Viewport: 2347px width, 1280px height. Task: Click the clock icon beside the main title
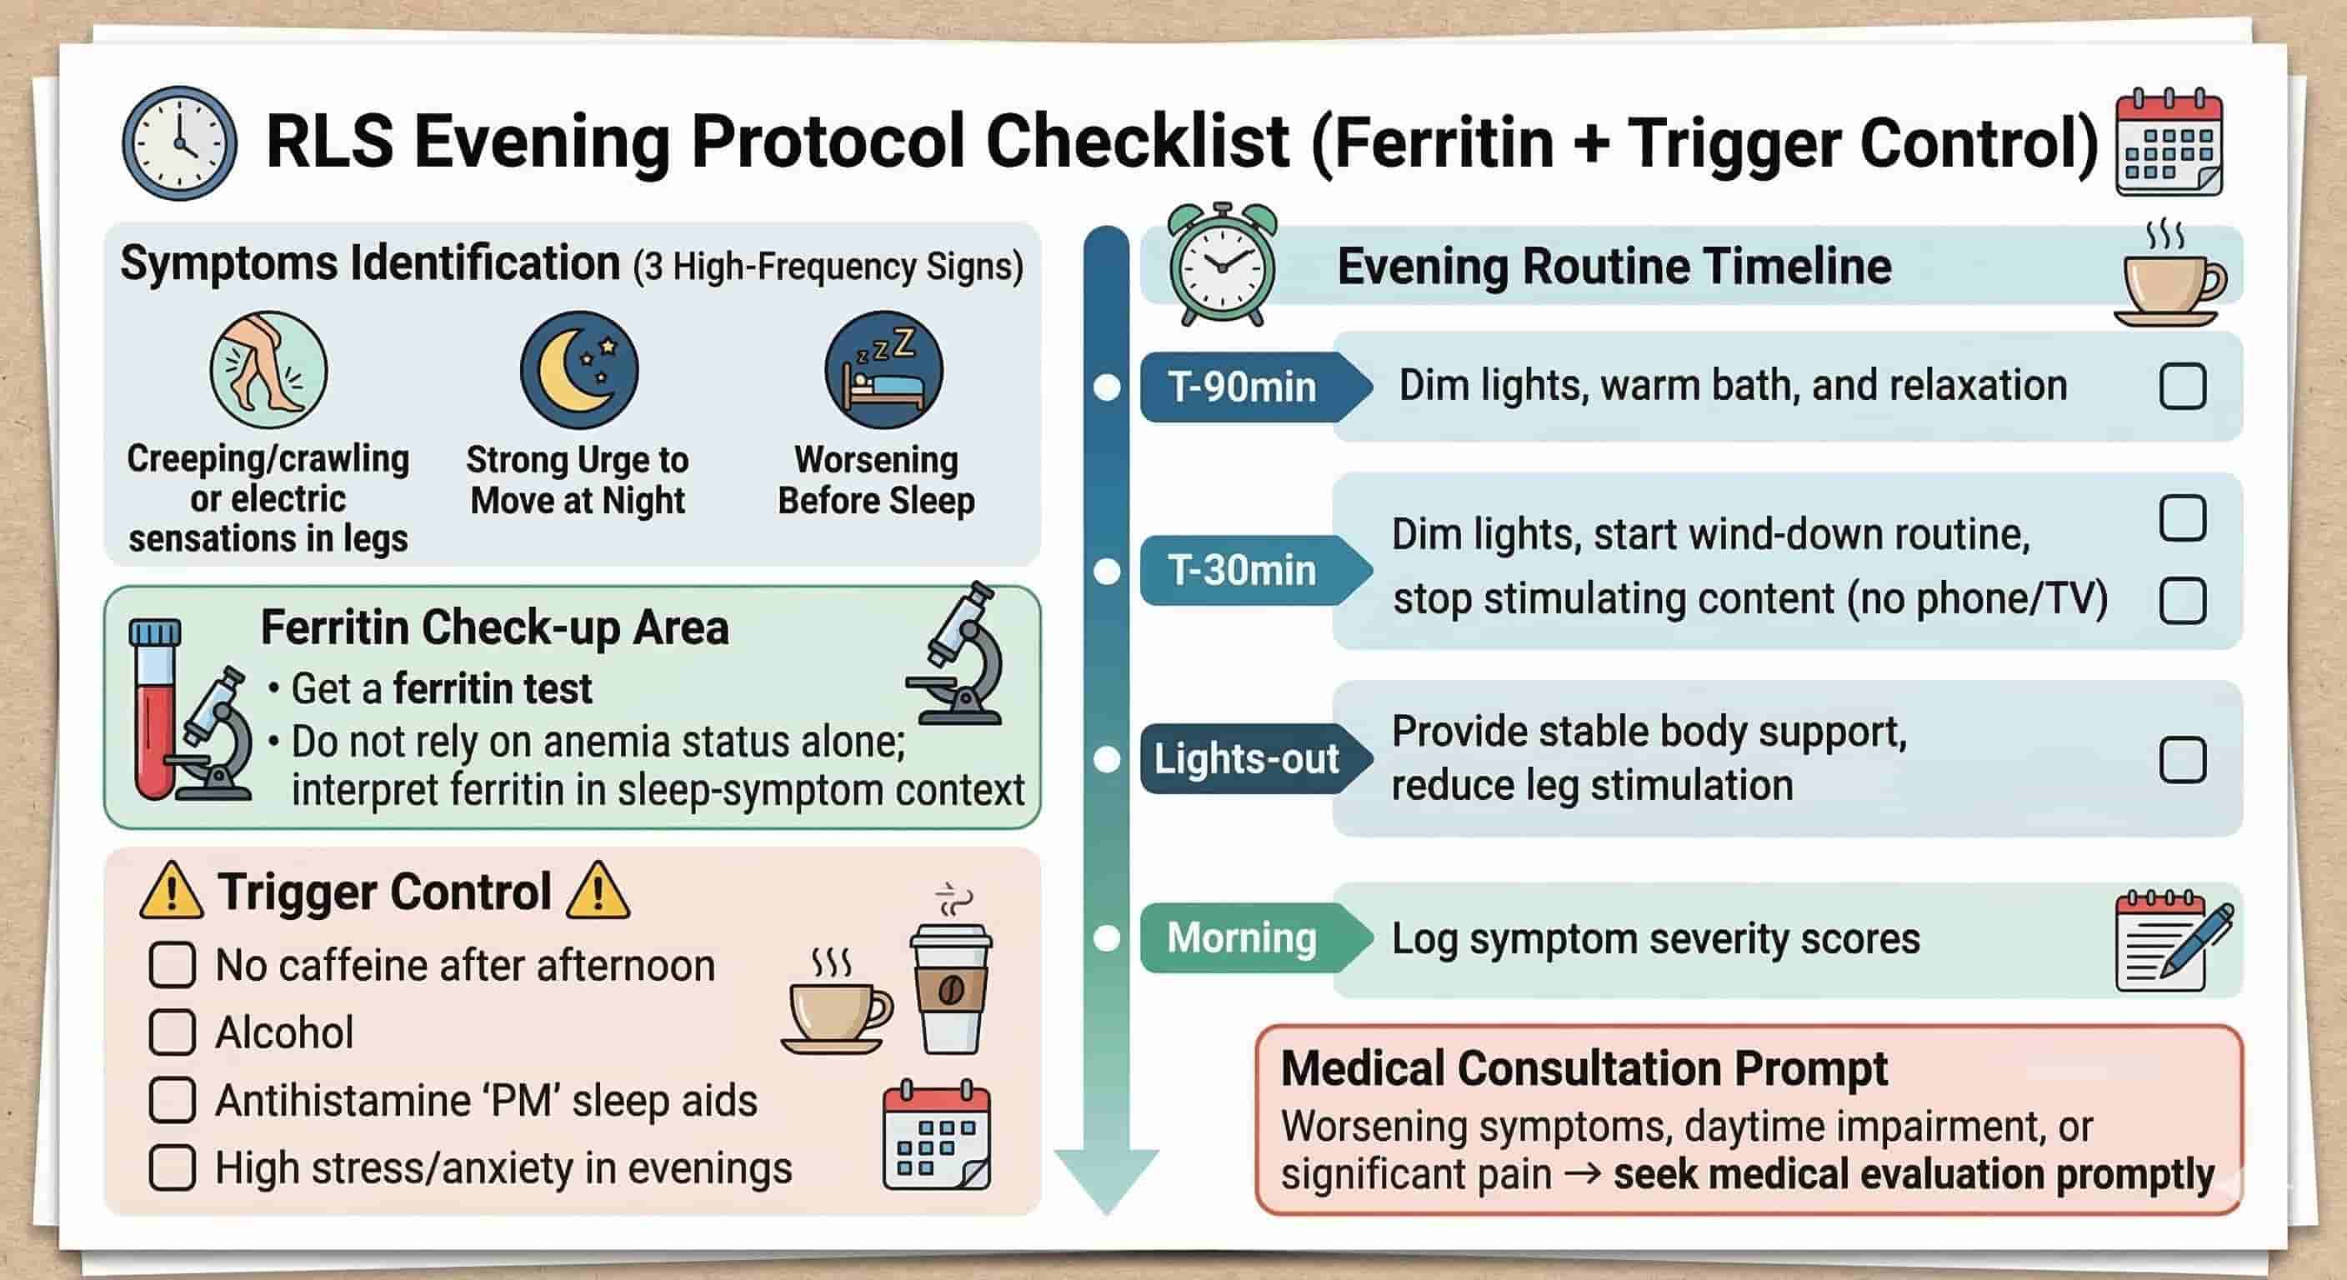[x=179, y=144]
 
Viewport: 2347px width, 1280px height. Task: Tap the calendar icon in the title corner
[x=2169, y=143]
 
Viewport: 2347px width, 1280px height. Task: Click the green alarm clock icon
[x=1222, y=265]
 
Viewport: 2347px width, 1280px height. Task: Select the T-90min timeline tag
[x=1243, y=387]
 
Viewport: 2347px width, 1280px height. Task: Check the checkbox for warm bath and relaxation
[x=2182, y=387]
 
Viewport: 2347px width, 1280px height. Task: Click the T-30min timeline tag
[x=1243, y=571]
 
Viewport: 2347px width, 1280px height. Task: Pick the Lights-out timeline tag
[x=1246, y=759]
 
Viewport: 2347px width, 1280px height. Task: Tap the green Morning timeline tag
[x=1243, y=938]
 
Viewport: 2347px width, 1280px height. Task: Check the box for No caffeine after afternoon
[x=173, y=965]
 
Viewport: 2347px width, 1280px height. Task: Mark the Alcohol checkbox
[x=173, y=1032]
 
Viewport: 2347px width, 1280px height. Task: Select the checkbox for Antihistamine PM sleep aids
[x=173, y=1100]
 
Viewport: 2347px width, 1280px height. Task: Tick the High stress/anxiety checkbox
[x=173, y=1168]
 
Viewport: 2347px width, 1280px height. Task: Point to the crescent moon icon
[x=578, y=370]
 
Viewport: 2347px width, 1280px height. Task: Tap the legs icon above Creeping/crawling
[x=268, y=370]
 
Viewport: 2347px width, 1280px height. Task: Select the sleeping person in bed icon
[x=883, y=370]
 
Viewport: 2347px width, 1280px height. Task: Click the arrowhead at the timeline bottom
[x=1106, y=1180]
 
